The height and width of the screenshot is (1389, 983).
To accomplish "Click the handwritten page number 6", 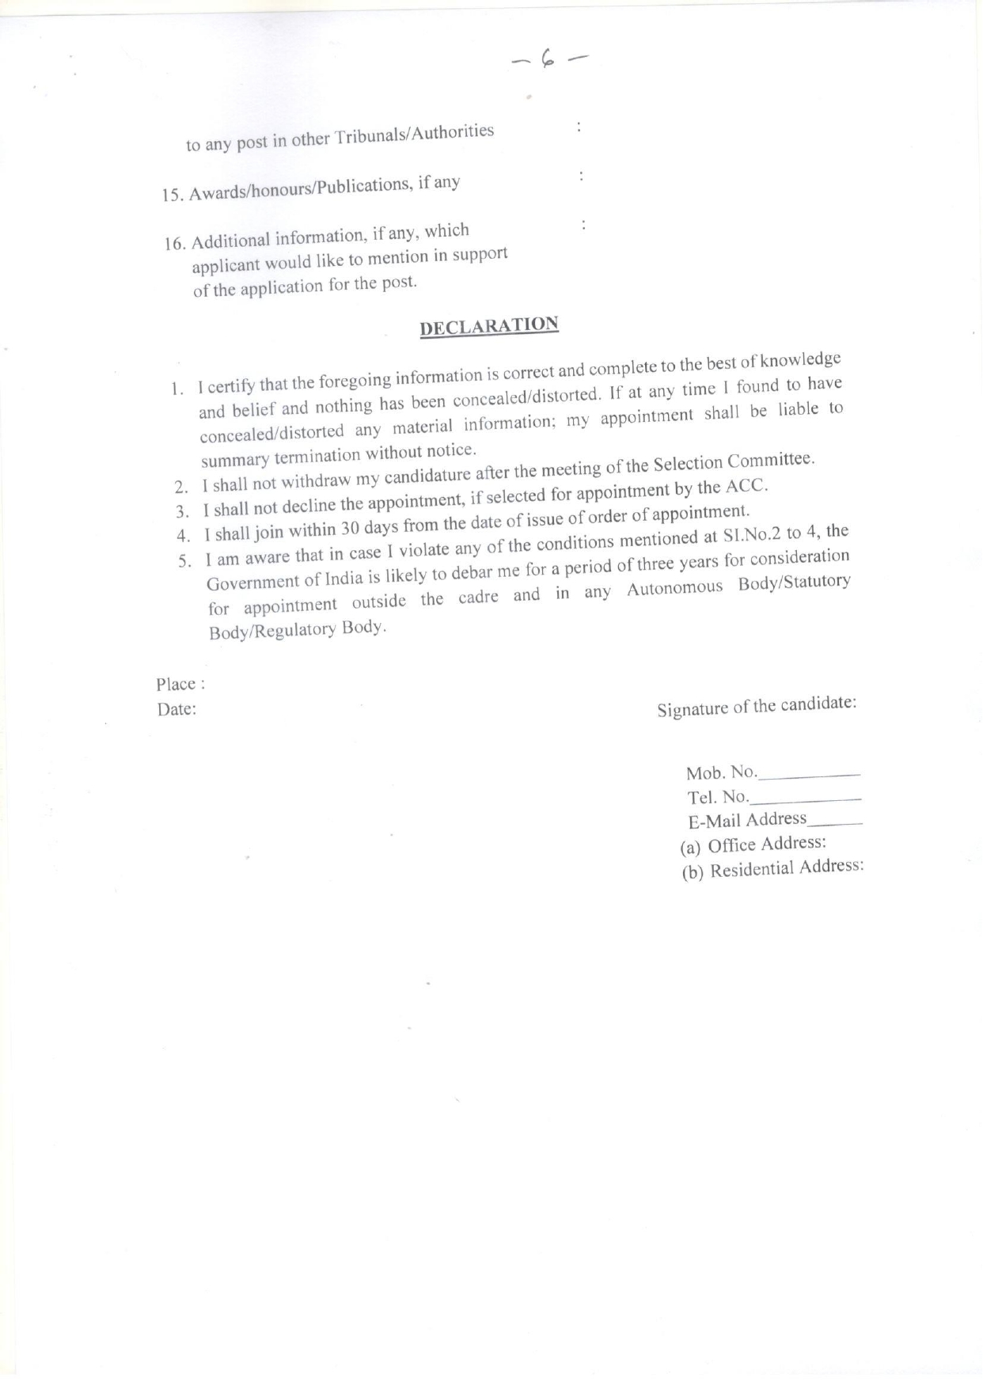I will [x=547, y=58].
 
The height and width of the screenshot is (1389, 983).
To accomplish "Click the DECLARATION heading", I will [x=489, y=326].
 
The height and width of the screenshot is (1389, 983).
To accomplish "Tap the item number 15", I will [x=172, y=195].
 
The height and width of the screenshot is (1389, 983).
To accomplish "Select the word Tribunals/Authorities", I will [x=415, y=135].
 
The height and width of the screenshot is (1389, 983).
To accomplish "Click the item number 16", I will [x=174, y=243].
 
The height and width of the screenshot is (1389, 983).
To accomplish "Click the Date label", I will [x=176, y=709].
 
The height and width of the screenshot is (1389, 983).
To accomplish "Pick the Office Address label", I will [x=767, y=844].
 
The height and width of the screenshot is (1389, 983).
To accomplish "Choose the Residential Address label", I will [x=786, y=868].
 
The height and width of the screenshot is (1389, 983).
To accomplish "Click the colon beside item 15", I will [x=582, y=176].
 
